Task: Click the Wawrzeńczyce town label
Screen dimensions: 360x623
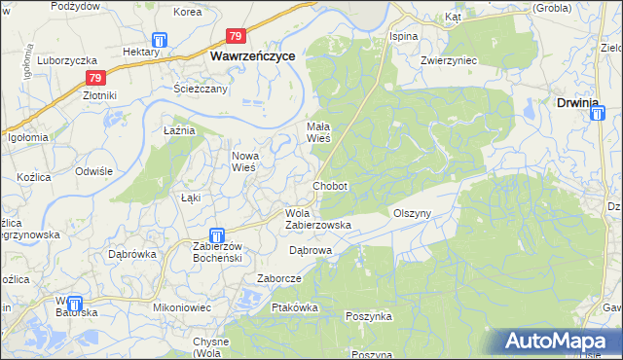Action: point(254,57)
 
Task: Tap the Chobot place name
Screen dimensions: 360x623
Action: point(330,186)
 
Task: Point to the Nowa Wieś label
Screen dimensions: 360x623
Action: point(243,162)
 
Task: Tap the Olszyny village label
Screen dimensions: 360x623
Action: point(411,213)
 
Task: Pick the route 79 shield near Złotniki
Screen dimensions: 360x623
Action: point(93,78)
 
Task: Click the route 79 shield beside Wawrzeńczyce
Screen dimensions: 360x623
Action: point(236,37)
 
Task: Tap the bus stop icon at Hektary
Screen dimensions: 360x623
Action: point(159,41)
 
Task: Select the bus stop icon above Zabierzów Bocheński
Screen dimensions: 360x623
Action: point(217,234)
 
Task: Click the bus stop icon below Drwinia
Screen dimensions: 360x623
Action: point(597,115)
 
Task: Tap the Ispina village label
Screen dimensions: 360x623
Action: point(403,36)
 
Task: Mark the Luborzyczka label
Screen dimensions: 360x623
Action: point(64,59)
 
